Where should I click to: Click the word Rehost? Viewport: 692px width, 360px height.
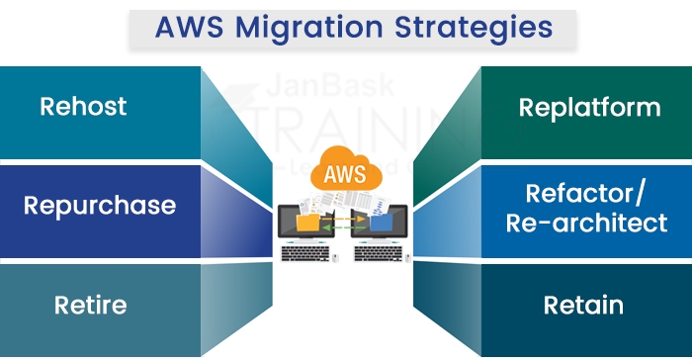click(83, 106)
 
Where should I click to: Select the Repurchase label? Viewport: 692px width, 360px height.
click(99, 206)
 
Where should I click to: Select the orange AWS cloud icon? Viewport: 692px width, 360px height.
click(345, 176)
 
